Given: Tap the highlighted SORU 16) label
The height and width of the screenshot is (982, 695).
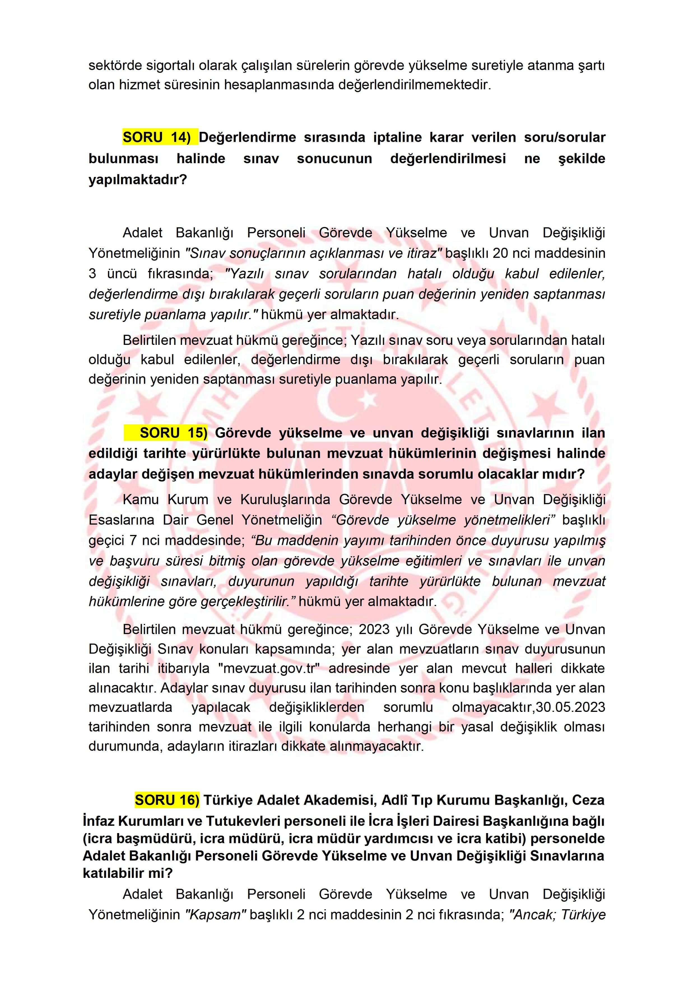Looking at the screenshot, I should [x=167, y=800].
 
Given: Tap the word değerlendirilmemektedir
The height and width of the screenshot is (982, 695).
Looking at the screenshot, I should [x=414, y=85].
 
